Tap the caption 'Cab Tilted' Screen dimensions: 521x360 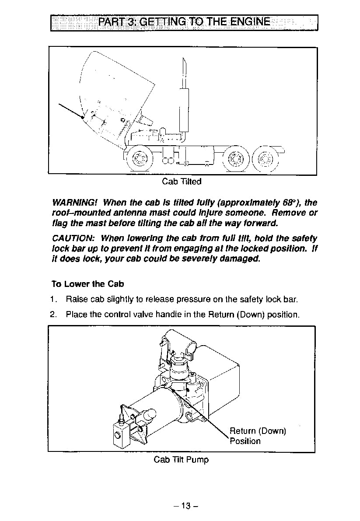click(182, 181)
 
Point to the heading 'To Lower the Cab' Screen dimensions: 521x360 click(87, 284)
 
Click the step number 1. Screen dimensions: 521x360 click(53, 300)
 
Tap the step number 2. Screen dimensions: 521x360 click(53, 314)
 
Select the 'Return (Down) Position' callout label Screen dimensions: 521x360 click(257, 436)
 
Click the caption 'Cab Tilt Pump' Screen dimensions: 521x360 click(181, 460)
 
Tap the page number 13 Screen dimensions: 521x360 click(185, 506)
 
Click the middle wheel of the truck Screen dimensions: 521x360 click(235, 158)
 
